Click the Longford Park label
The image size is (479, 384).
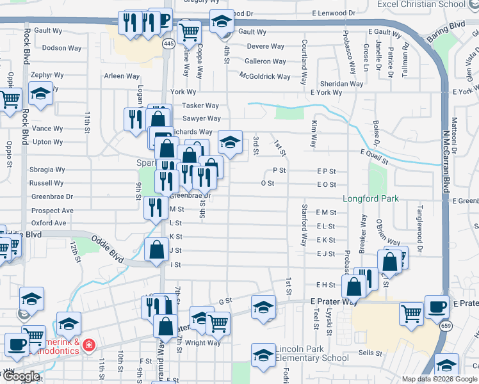tap(371, 199)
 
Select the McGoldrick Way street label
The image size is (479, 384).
tap(264, 77)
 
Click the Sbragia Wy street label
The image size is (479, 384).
tap(47, 170)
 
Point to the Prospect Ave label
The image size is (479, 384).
tap(53, 211)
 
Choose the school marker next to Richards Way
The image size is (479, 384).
tap(230, 141)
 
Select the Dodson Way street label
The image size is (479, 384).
tap(62, 48)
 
